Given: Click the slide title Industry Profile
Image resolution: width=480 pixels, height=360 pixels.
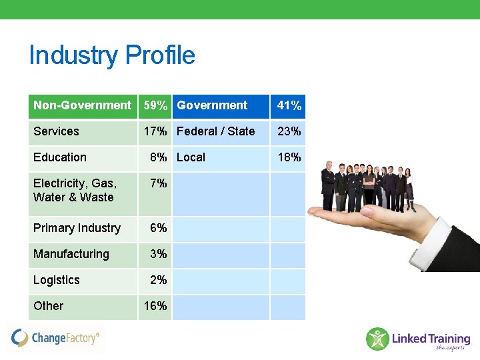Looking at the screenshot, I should tap(112, 55).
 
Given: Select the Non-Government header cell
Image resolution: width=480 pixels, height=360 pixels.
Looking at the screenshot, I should tap(82, 105).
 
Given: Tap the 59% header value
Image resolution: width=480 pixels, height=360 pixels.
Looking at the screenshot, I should tap(155, 105).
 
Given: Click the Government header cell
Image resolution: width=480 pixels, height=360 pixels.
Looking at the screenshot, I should tap(212, 105).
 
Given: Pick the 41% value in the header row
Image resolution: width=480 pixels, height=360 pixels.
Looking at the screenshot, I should tap(289, 106).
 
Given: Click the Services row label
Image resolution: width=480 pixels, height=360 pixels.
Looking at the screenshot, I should tap(56, 131).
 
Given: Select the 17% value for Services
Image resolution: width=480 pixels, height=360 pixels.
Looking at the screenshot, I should tap(155, 131).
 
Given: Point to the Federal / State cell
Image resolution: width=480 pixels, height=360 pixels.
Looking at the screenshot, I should tap(215, 131).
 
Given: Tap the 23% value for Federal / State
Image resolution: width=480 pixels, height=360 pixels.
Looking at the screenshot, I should tap(289, 131).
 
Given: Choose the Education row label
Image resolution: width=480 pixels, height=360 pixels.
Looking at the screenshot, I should tap(60, 157).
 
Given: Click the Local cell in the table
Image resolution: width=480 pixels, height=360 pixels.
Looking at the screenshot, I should tap(191, 157).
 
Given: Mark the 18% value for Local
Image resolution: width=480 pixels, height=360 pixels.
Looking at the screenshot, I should tap(289, 157).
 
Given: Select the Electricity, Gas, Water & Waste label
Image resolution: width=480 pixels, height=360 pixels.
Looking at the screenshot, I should tap(74, 190).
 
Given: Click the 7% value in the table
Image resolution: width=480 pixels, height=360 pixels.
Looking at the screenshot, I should tap(159, 183).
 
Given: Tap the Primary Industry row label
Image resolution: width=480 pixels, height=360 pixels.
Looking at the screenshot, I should tap(77, 228).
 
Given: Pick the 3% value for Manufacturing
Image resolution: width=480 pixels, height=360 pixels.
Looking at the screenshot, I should tap(159, 254).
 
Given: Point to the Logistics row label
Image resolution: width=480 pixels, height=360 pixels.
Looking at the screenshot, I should tap(56, 280).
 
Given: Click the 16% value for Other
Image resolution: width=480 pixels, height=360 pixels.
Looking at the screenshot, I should tap(155, 306).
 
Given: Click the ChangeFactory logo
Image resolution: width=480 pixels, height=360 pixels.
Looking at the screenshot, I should tap(56, 338).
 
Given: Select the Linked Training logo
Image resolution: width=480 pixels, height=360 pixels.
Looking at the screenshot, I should tap(418, 339).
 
